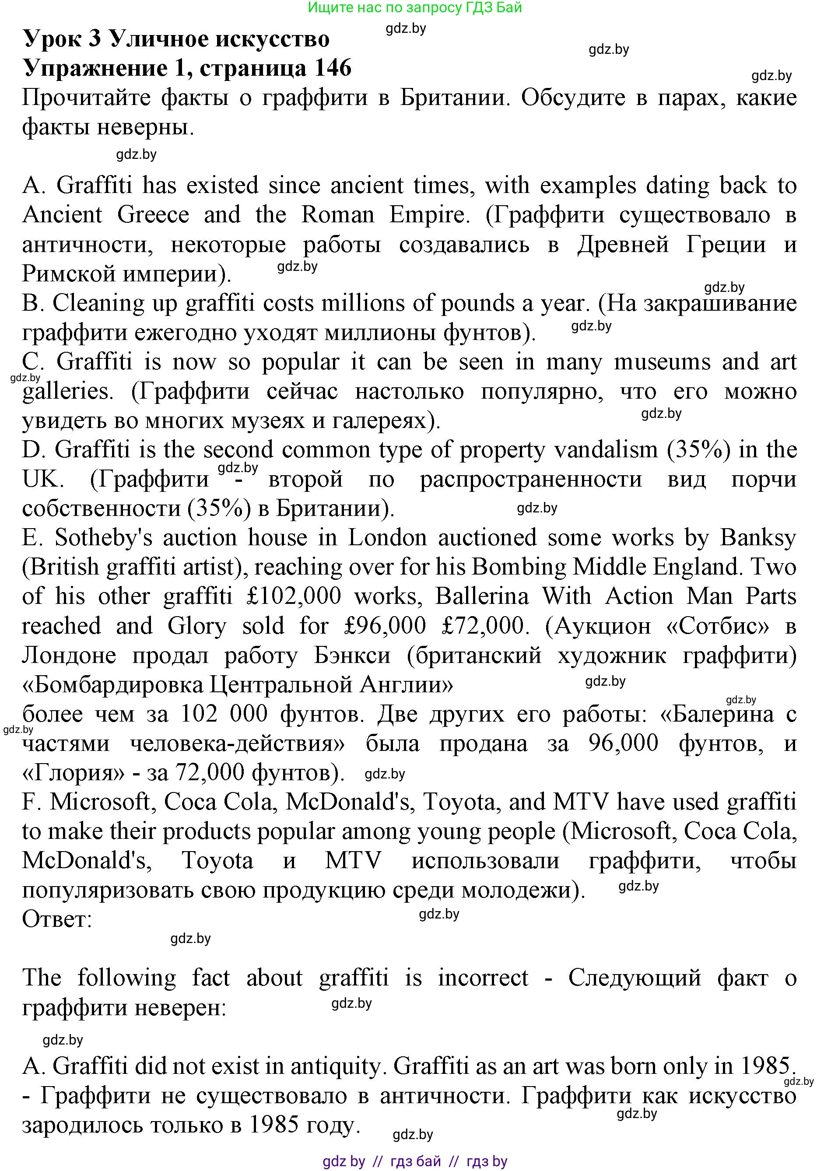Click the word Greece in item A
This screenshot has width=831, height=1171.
[x=153, y=215]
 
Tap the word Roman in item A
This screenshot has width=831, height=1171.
[x=338, y=215]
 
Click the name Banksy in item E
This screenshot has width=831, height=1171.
[x=758, y=538]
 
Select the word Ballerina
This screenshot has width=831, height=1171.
[x=482, y=597]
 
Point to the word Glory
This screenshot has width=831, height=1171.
[x=197, y=626]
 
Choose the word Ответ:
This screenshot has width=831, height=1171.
[x=57, y=920]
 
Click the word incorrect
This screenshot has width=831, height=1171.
[x=483, y=978]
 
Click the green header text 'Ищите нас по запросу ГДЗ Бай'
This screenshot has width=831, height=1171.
[x=415, y=8]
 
